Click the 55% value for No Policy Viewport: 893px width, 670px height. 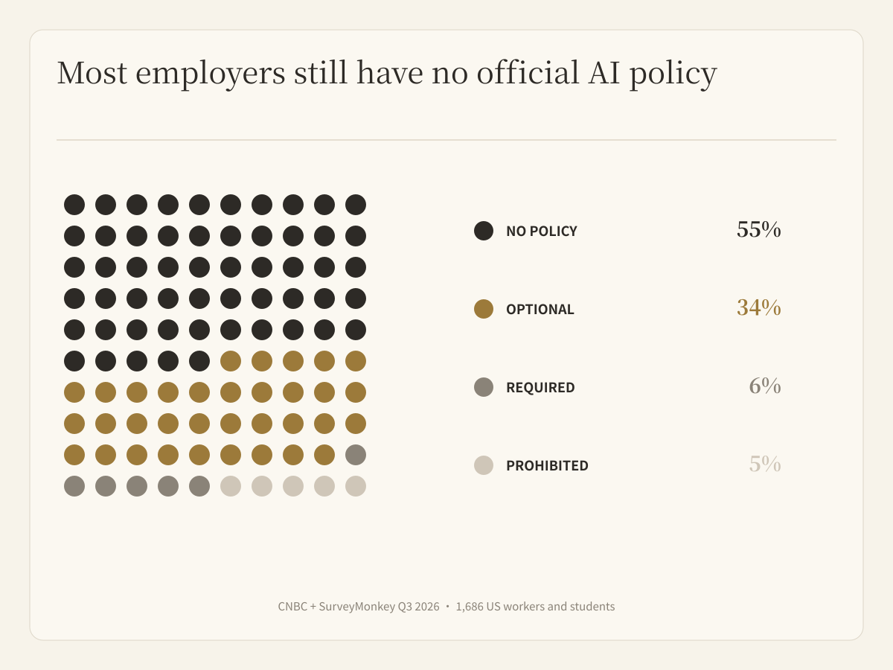pyautogui.click(x=759, y=229)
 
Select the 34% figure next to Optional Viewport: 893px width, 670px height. pyautogui.click(x=759, y=307)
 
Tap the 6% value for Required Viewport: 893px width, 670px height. pyautogui.click(x=765, y=386)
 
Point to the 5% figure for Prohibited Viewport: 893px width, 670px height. pyautogui.click(x=765, y=464)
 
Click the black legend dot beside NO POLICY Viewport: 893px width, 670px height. pyautogui.click(x=484, y=231)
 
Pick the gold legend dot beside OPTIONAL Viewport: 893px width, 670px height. pyautogui.click(x=484, y=309)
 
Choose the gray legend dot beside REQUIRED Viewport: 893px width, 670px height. pyautogui.click(x=484, y=387)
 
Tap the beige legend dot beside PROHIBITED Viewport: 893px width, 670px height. pyautogui.click(x=484, y=465)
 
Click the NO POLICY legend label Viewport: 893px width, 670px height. pyautogui.click(x=542, y=231)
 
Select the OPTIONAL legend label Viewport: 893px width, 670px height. pyautogui.click(x=540, y=309)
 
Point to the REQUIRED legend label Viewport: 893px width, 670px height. pyautogui.click(x=540, y=387)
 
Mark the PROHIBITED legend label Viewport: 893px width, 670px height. pyautogui.click(x=547, y=465)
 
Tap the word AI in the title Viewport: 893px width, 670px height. pyautogui.click(x=604, y=73)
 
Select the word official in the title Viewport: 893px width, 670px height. pyautogui.click(x=528, y=72)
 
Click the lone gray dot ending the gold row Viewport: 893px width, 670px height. pyautogui.click(x=356, y=455)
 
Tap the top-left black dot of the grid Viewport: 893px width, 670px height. pyautogui.click(x=74, y=205)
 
